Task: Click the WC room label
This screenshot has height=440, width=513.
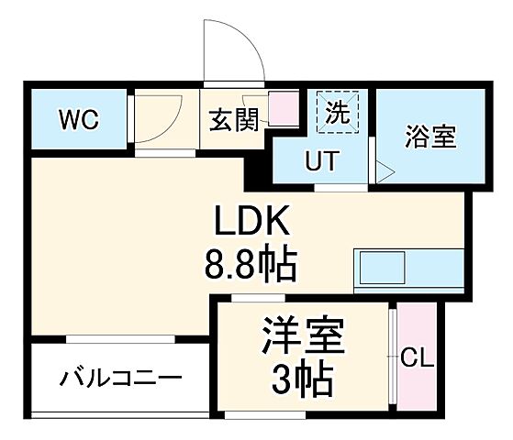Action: (79, 119)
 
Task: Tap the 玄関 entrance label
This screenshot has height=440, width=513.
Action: (233, 120)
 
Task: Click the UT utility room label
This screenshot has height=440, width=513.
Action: (322, 160)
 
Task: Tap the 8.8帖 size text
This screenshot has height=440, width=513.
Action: (250, 266)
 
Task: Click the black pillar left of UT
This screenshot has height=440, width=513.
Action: (260, 165)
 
